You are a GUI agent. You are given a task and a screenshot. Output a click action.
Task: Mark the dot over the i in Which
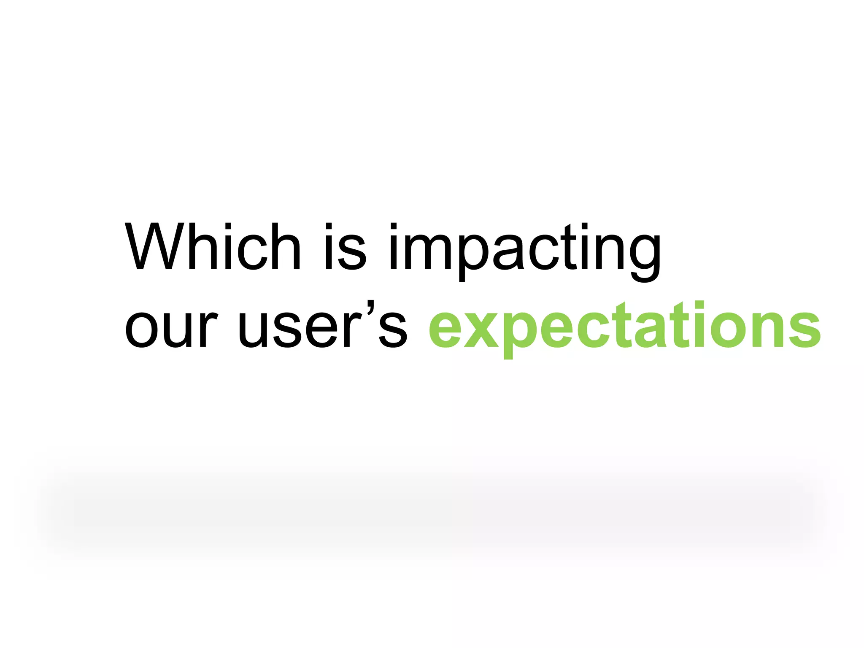tap(228, 227)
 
